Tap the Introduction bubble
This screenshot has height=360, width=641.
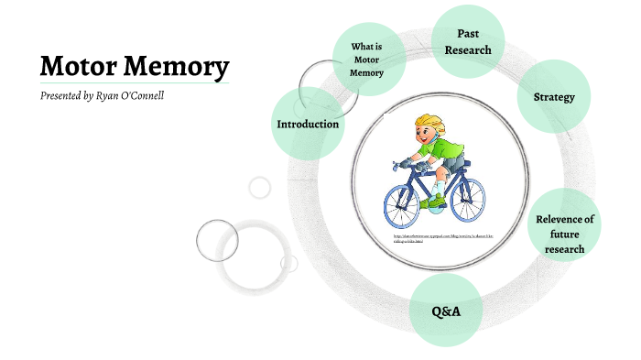[308, 124]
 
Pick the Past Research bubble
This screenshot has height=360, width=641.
[468, 41]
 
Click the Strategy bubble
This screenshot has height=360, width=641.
[554, 96]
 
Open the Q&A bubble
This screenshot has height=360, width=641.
[446, 311]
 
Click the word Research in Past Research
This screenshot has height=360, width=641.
[468, 49]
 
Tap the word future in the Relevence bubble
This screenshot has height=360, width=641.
[565, 234]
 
